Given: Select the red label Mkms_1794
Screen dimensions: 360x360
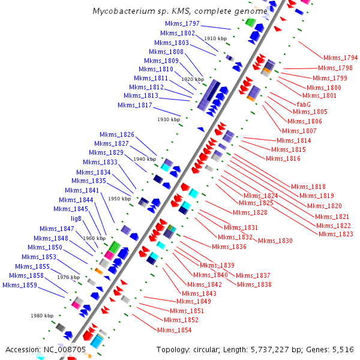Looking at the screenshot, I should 340,58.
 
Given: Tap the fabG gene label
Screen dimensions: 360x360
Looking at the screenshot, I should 304,104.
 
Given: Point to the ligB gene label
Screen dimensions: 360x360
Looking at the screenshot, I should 76,219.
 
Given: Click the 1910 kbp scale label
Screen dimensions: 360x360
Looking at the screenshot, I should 215,38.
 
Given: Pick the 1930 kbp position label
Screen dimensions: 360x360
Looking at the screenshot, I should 169,119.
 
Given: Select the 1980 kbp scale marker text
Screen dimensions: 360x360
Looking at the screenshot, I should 42,316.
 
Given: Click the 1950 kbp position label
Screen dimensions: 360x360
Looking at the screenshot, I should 119,199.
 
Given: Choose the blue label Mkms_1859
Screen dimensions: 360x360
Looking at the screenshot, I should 20,285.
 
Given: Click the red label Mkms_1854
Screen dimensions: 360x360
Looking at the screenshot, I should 175,330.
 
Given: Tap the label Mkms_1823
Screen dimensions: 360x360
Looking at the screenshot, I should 336,234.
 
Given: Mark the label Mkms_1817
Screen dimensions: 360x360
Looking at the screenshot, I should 135,105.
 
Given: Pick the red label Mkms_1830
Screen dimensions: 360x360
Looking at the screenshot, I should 275,241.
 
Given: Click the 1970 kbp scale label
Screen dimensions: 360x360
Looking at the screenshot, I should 68,277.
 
